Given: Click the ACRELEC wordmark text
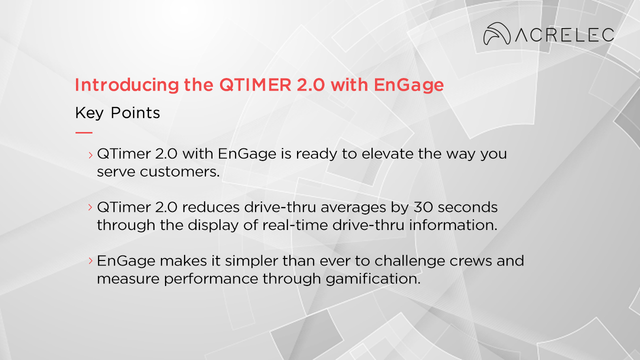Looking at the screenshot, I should pyautogui.click(x=564, y=35).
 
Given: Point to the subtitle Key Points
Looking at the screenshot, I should pyautogui.click(x=117, y=113).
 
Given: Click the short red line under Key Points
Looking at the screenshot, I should pyautogui.click(x=83, y=132).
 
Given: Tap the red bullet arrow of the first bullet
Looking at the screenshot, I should pyautogui.click(x=90, y=154).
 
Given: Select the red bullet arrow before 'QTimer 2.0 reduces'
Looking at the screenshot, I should pyautogui.click(x=90, y=207).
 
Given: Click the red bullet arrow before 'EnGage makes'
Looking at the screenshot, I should pyautogui.click(x=90, y=260).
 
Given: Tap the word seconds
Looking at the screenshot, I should pyautogui.click(x=468, y=207).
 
